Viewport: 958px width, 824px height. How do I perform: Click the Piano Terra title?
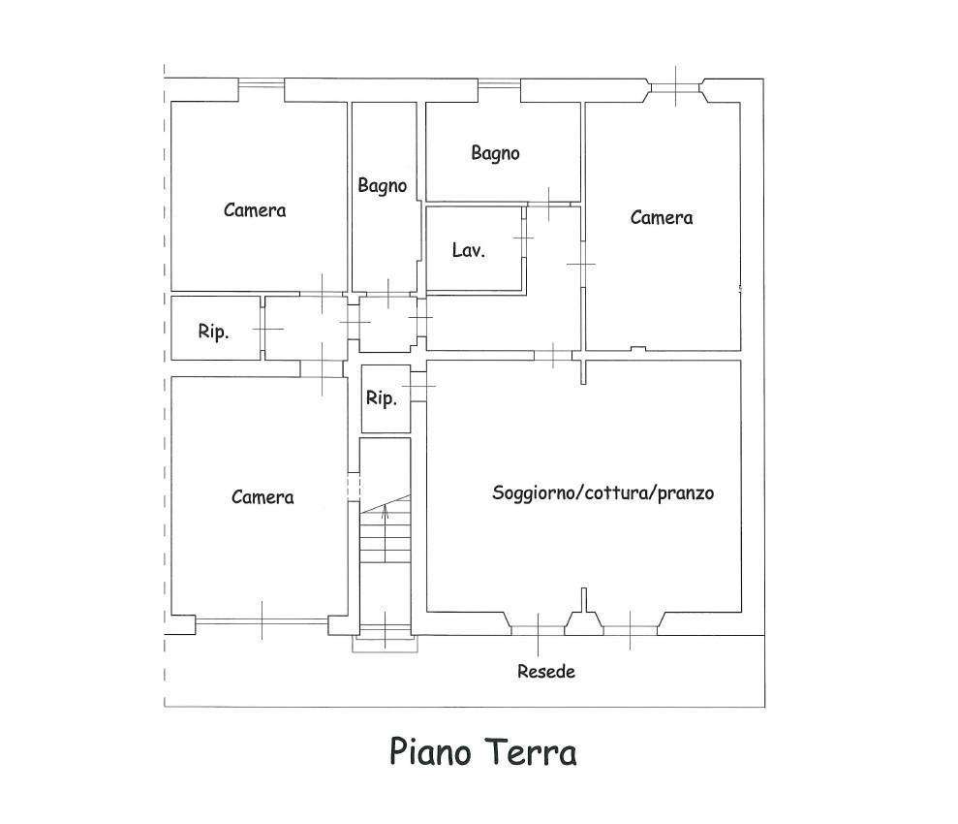tap(482, 752)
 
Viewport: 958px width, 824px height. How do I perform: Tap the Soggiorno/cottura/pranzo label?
tap(603, 492)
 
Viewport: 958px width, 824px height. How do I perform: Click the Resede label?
tap(546, 672)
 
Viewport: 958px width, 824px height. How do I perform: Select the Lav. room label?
tap(469, 250)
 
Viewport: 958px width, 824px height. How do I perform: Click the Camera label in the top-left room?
tap(255, 210)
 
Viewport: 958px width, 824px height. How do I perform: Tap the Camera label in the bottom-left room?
tap(263, 497)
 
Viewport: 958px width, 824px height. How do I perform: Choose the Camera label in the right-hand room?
tap(662, 217)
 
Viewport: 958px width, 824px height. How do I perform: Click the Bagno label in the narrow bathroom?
tap(383, 186)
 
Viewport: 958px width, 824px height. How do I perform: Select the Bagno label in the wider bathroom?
tap(496, 153)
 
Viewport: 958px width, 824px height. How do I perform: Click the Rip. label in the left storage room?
tap(213, 332)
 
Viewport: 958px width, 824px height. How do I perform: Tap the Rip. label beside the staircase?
tap(382, 398)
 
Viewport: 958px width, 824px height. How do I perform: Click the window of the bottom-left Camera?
tap(262, 621)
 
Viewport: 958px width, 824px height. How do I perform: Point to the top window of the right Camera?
tap(676, 88)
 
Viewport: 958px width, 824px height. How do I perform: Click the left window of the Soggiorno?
tap(538, 630)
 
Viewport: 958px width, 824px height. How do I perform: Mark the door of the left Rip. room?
tap(263, 329)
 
